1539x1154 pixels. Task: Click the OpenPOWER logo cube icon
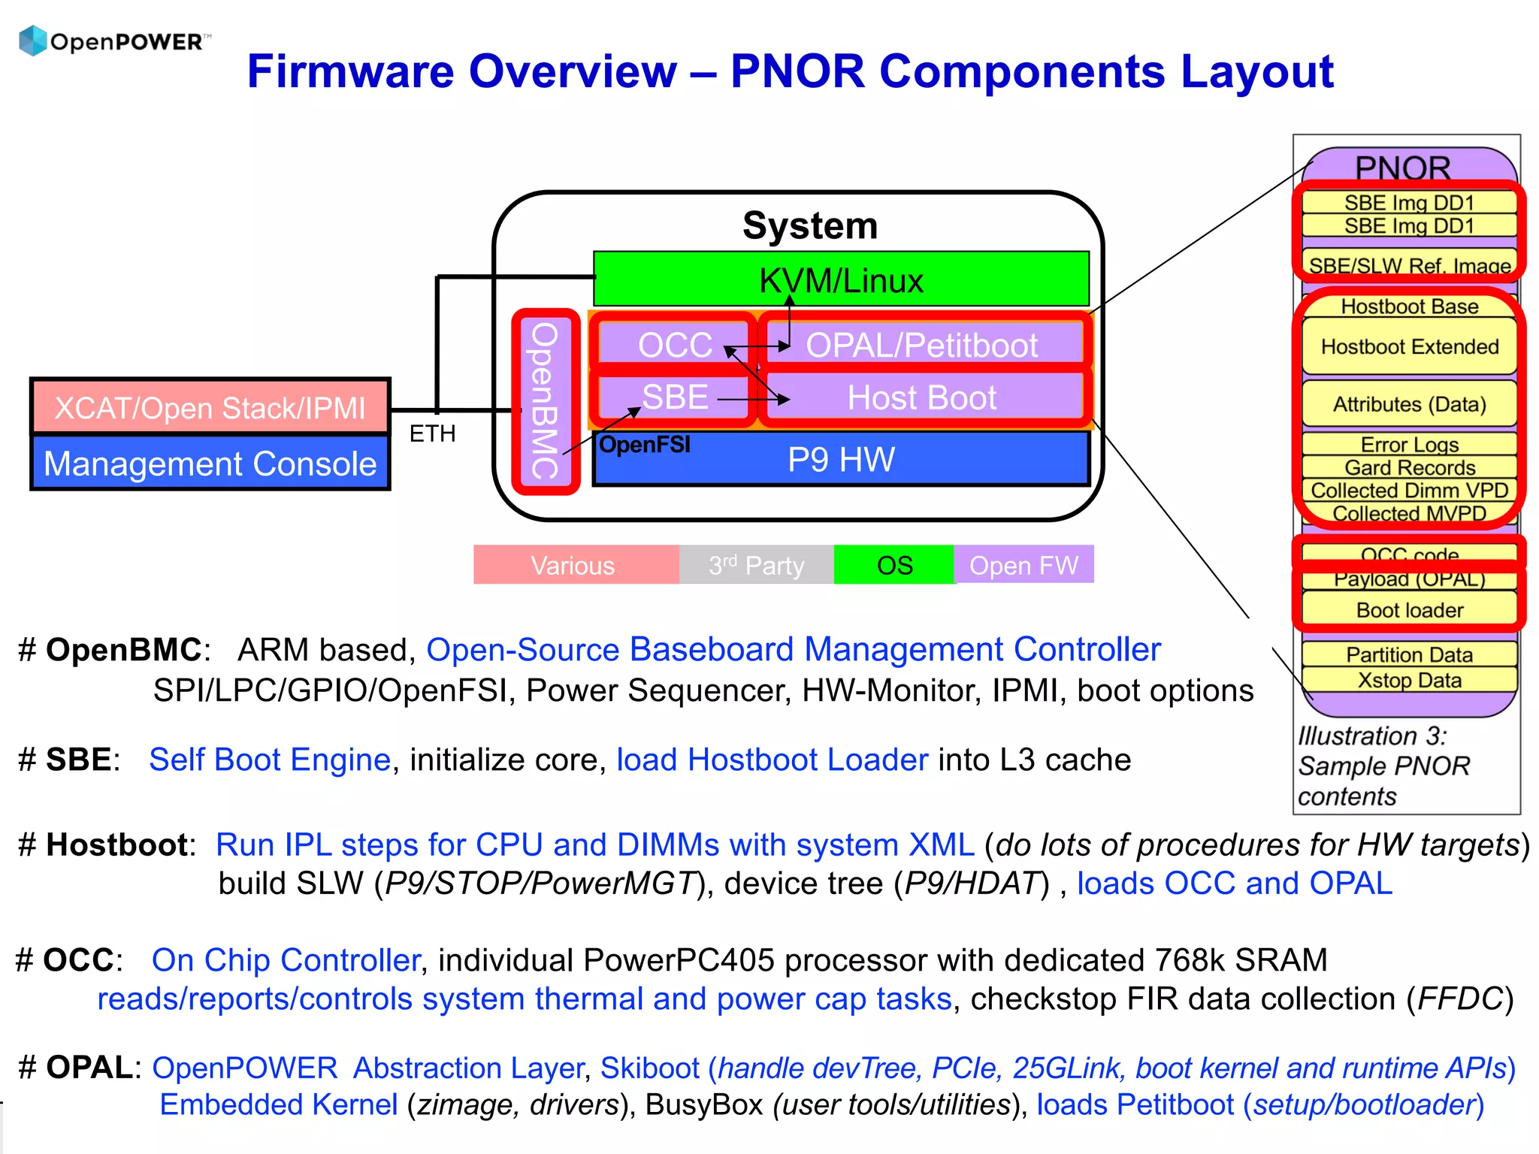(x=32, y=41)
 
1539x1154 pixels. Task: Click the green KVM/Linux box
(x=840, y=279)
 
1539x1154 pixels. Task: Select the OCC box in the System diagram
(x=674, y=345)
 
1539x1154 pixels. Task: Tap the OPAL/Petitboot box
(x=921, y=345)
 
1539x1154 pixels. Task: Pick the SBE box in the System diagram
(x=674, y=397)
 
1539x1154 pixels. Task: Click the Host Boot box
(x=921, y=397)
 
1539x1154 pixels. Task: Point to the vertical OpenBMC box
(x=546, y=401)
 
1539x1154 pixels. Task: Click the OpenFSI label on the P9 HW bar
(x=644, y=445)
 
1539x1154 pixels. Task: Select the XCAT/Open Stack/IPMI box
(x=210, y=407)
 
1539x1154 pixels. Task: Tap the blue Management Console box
(x=210, y=464)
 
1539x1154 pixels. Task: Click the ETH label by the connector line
(x=432, y=434)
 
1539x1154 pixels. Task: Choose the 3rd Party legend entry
(x=756, y=565)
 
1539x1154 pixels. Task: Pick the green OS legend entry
(x=894, y=565)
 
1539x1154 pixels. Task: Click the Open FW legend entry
(x=1023, y=565)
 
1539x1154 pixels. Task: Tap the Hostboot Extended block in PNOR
(x=1409, y=347)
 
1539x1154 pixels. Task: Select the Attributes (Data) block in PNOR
(x=1409, y=404)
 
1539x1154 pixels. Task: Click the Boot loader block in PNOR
(x=1409, y=610)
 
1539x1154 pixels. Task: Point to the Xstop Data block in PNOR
(x=1409, y=680)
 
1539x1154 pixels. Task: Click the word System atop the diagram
(x=809, y=225)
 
